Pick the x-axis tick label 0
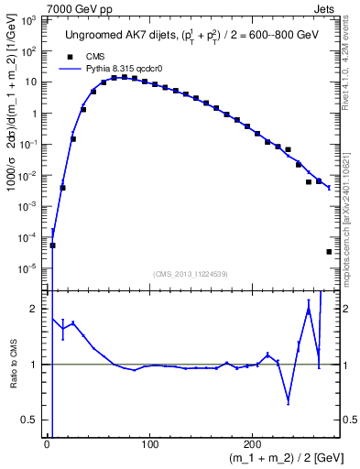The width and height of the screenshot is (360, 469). pos(47,442)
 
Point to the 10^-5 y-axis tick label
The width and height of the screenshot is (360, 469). pos(31,268)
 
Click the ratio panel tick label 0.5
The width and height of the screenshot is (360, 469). pos(34,420)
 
